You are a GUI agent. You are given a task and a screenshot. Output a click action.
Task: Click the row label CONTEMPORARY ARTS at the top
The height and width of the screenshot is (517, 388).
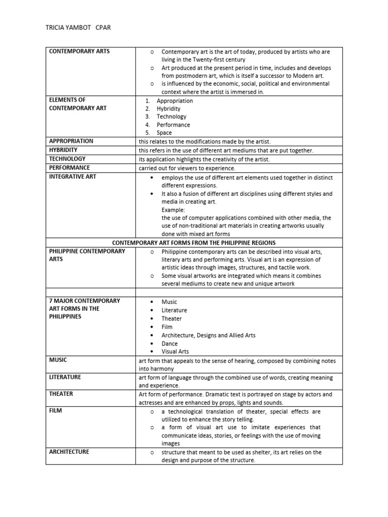[79, 51]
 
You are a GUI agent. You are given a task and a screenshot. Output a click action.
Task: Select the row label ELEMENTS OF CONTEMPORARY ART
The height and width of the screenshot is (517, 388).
[78, 104]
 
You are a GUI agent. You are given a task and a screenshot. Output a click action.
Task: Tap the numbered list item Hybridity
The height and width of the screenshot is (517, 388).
[168, 109]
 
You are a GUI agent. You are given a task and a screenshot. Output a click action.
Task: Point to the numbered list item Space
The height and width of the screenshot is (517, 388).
[164, 133]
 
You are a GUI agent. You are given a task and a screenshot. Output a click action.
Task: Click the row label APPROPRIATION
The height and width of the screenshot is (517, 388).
[71, 141]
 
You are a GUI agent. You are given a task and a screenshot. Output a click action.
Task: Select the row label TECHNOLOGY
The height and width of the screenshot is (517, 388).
[67, 159]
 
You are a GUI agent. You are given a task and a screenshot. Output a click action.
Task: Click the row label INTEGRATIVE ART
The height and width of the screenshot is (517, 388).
[72, 177]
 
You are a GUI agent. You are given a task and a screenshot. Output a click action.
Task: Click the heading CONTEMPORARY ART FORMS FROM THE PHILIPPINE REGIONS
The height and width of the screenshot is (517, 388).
[193, 243]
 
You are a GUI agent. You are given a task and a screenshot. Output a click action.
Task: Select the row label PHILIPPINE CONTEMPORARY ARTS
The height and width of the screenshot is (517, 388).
[87, 255]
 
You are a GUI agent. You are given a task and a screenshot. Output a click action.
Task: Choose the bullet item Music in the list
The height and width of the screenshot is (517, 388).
[169, 301]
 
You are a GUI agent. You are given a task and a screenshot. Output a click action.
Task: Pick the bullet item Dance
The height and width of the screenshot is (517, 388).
[170, 343]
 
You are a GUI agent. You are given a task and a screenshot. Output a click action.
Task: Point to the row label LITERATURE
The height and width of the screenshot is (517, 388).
[65, 377]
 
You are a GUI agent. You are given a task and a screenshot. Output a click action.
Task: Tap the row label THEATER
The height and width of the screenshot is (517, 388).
[62, 394]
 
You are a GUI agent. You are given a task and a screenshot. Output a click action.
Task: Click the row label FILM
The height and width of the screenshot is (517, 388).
[55, 411]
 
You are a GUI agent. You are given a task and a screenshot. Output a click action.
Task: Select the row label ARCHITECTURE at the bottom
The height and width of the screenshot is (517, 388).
[69, 452]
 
